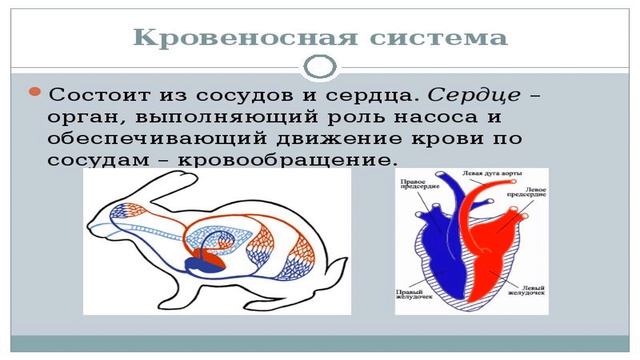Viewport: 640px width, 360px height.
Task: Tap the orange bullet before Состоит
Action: tap(35, 93)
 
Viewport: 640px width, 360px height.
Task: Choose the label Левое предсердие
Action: tap(531, 189)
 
